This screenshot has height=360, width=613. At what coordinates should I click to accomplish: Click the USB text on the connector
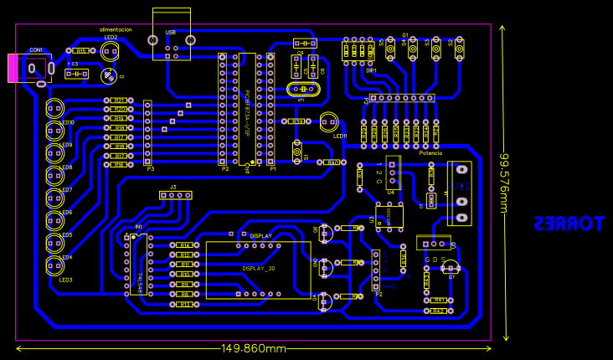point(171,32)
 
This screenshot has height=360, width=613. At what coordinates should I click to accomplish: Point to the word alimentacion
point(116,29)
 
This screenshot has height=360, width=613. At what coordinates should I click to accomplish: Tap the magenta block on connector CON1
point(13,68)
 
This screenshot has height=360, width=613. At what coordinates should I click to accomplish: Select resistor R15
point(82,51)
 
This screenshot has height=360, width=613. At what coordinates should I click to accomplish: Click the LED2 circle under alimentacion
point(110,51)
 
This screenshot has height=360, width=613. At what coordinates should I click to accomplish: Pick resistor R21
point(119,100)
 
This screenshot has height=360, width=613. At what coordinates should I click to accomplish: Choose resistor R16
point(119,165)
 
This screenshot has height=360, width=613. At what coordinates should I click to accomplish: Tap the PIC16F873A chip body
point(247,109)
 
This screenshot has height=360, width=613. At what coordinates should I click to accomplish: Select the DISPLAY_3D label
point(259,269)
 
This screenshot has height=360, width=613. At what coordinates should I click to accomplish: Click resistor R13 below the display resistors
point(185,305)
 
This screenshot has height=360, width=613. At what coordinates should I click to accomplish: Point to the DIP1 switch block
point(359,52)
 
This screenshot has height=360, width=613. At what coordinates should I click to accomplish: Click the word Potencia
point(430,153)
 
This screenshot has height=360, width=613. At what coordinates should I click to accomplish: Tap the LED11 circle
point(329,122)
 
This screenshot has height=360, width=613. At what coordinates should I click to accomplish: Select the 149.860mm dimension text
point(254,348)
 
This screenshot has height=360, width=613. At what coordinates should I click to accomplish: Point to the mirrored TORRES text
point(569,224)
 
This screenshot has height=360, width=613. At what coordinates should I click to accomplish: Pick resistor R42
point(437,311)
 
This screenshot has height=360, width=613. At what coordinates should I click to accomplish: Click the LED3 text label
point(65,280)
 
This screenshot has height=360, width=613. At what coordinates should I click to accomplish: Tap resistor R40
point(332,162)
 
